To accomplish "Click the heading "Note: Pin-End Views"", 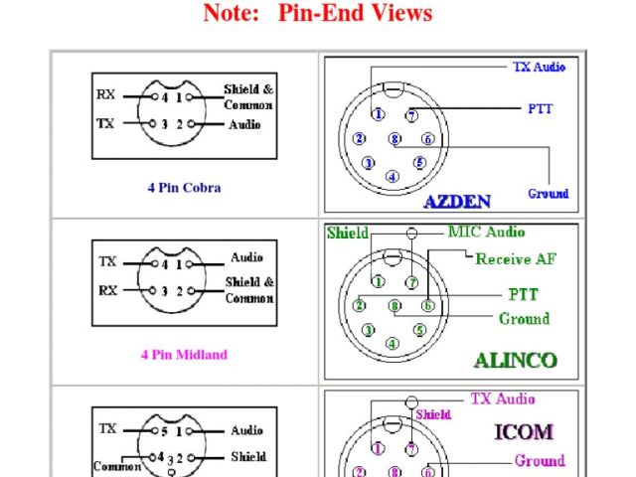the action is coord(318,13).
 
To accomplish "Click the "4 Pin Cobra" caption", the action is coord(184,187).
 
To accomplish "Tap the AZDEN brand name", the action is coord(457,202).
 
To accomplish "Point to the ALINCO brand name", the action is coord(515,360).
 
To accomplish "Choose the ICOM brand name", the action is coord(524,432).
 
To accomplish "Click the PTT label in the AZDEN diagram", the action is coord(541,108).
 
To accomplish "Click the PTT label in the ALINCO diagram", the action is coord(523,295).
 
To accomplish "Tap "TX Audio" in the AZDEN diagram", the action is coord(539,67).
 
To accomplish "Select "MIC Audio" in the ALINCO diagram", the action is coord(486,233).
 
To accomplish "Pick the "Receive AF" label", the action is coord(516,259).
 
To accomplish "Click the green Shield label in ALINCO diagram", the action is coord(347,234).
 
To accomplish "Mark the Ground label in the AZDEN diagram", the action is coord(548,193).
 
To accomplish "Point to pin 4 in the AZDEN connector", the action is coord(393,177).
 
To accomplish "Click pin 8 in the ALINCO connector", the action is coord(395,306).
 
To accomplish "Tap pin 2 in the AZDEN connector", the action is coord(359,138).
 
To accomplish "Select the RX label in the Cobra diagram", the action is coord(106,95).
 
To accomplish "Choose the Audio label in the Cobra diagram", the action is coord(245,124).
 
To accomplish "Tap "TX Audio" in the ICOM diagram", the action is coord(502,399).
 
